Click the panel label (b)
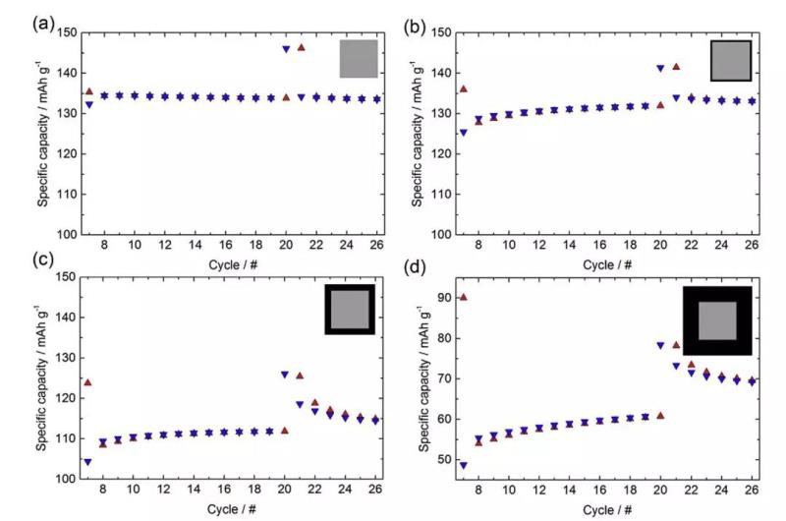pyautogui.click(x=413, y=23)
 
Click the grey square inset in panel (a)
pyautogui.click(x=359, y=59)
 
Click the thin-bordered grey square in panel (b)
pyautogui.click(x=731, y=60)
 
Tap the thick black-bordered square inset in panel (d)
pyautogui.click(x=717, y=320)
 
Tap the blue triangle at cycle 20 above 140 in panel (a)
pyautogui.click(x=286, y=49)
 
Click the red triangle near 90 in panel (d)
pyautogui.click(x=463, y=297)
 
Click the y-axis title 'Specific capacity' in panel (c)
pyautogui.click(x=41, y=378)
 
